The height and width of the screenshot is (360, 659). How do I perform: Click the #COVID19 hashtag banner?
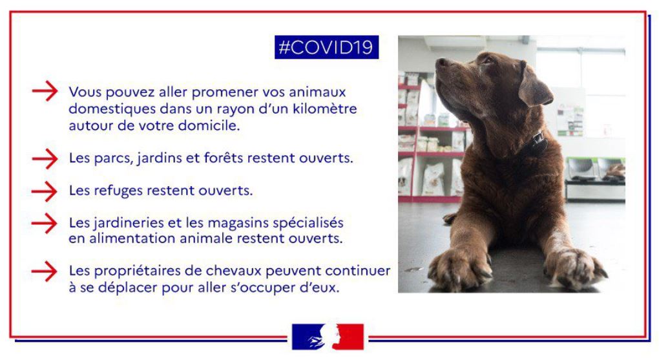[326, 47]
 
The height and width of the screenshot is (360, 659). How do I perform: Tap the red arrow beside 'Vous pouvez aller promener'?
[45, 91]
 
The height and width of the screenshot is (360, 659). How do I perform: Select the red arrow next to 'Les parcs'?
[45, 158]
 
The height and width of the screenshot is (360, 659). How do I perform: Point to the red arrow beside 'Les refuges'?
[45, 191]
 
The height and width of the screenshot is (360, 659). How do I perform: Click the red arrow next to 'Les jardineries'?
[45, 223]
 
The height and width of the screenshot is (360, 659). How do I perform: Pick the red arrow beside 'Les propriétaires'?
[45, 271]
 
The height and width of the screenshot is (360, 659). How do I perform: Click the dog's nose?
[442, 63]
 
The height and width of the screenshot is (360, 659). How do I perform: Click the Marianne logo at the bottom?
[328, 337]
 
